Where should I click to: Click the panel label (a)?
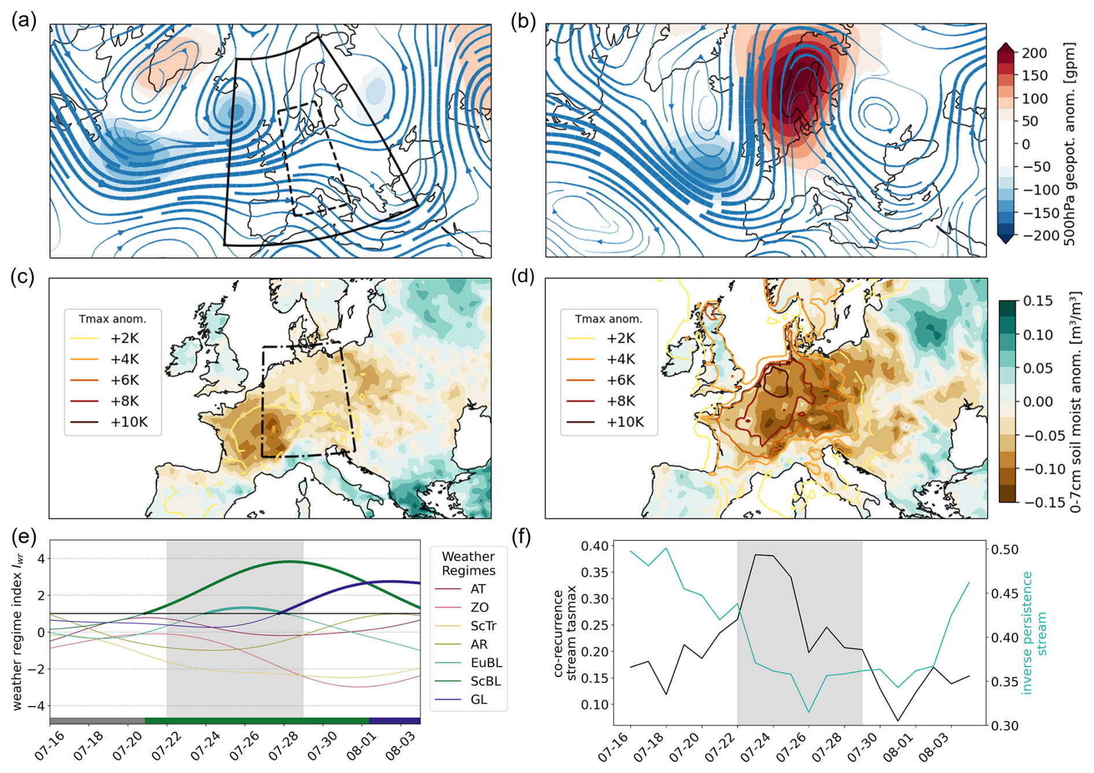tap(24, 21)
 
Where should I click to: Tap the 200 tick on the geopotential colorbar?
tap(1034, 53)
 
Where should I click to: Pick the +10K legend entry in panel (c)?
tap(128, 422)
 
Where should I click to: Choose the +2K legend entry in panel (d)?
tap(620, 338)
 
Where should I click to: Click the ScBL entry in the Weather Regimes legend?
tap(486, 681)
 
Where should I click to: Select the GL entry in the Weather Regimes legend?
tap(479, 700)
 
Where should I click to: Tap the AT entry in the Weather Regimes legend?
tap(478, 589)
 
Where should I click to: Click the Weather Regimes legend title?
tap(468, 564)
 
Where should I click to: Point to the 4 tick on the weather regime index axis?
tap(40, 559)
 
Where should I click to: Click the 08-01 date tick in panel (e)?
tap(361, 746)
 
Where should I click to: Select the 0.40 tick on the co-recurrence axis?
tap(594, 546)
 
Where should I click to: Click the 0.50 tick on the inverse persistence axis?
tap(1004, 549)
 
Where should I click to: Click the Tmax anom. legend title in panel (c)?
tap(113, 319)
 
